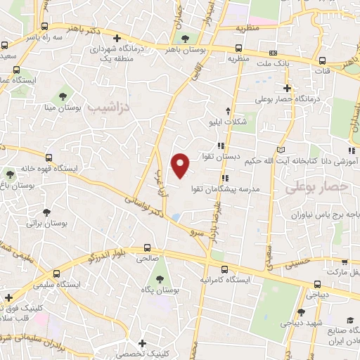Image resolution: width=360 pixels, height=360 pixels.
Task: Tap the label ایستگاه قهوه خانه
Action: click(x=48, y=169)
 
